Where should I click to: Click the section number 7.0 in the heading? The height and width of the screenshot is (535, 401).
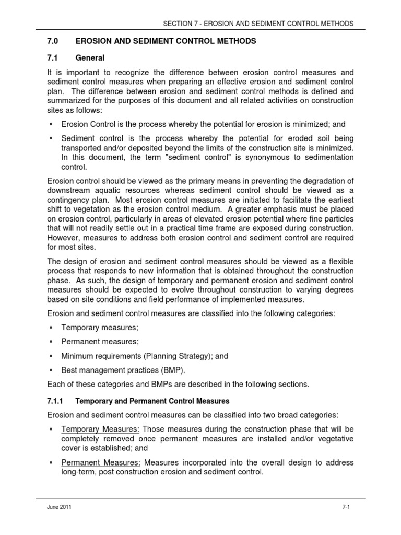pos(53,41)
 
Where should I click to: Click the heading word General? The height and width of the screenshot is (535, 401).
pos(90,58)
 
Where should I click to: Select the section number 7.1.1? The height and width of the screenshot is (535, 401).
pos(55,401)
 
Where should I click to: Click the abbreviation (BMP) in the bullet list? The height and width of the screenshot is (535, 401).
pos(173,370)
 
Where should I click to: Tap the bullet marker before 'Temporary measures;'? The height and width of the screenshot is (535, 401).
pos(51,328)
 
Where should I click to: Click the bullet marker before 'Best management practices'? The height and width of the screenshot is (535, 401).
pos(51,370)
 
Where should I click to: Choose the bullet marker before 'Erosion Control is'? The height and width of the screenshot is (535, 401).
pos(51,124)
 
